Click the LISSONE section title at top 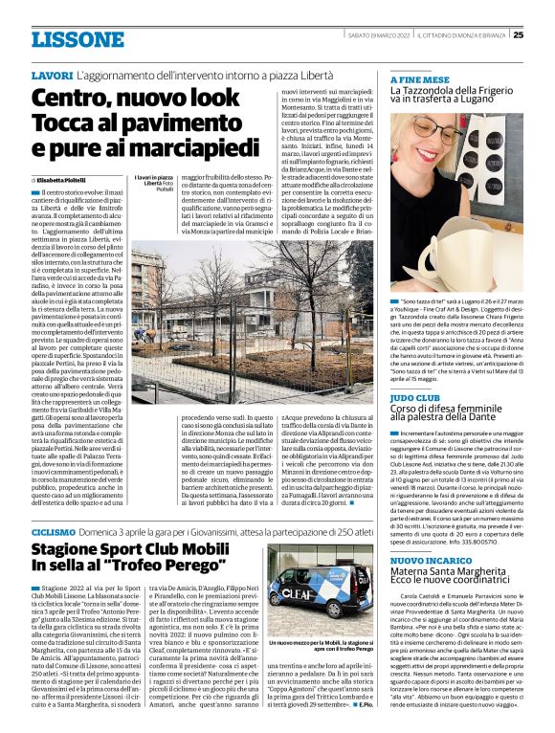pos(74,39)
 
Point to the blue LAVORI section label pos(52,75)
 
